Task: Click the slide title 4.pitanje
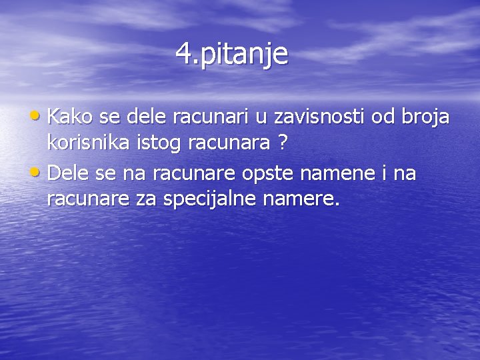click(x=232, y=54)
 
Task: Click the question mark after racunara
click(x=283, y=142)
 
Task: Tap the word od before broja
click(x=383, y=117)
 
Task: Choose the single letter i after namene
click(x=383, y=174)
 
